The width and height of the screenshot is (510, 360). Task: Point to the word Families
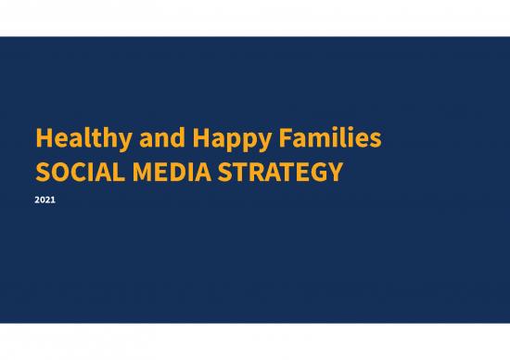click(319, 139)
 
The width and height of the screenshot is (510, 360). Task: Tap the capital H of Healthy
click(43, 139)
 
